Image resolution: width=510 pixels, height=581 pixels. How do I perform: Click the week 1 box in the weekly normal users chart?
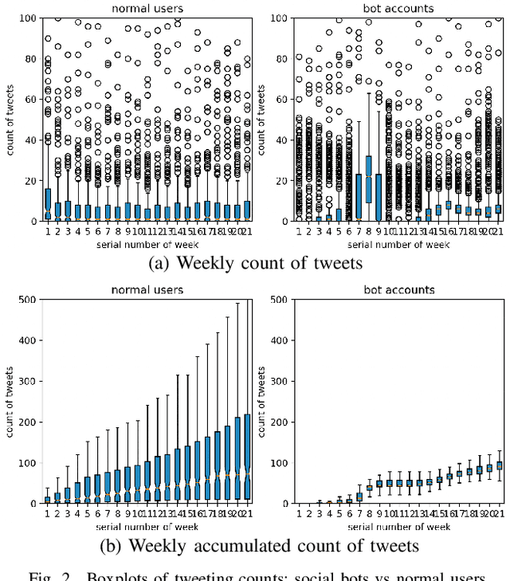click(x=47, y=203)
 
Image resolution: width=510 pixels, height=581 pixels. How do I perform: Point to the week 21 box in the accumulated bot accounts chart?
click(x=499, y=465)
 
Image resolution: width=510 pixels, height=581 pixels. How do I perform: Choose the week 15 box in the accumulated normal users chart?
click(x=188, y=472)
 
